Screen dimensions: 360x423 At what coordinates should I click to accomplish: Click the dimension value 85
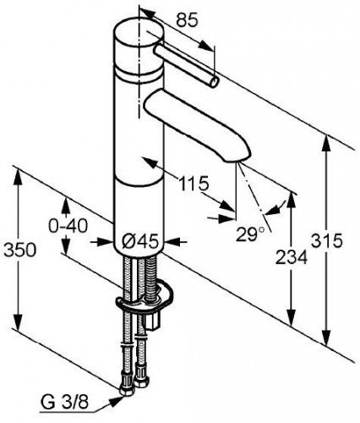click(x=187, y=20)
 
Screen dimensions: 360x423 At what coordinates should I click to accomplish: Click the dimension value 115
click(x=194, y=184)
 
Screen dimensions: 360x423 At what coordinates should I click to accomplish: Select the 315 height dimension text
click(x=327, y=241)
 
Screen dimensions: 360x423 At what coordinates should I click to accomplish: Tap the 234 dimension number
click(x=292, y=257)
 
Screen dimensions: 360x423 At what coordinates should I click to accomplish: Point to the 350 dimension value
click(x=20, y=250)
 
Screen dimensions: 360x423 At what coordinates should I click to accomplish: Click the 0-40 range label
click(x=68, y=226)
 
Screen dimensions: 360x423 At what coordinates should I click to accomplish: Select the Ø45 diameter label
click(x=139, y=242)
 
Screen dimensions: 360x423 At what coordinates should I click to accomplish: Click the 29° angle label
click(x=250, y=234)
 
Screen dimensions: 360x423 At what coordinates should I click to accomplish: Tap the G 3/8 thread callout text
click(x=65, y=403)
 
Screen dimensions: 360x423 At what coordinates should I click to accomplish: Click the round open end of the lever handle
click(x=215, y=83)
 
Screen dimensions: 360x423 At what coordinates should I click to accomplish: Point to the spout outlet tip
click(x=238, y=158)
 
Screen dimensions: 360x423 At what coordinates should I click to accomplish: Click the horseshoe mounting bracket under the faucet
click(x=144, y=299)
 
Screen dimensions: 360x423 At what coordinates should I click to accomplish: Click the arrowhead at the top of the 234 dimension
click(x=292, y=201)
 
